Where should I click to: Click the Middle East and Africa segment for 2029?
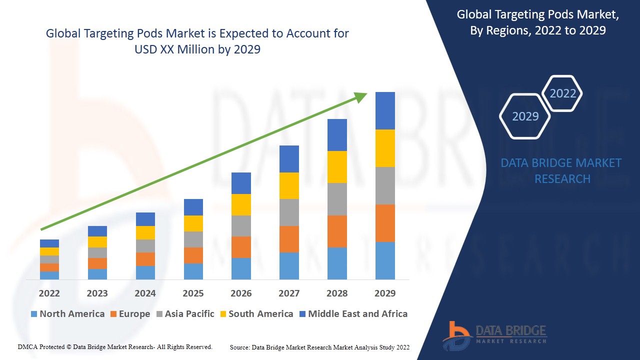tap(385, 110)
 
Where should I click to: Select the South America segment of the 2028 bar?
tap(337, 167)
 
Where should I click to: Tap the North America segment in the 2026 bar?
tap(241, 268)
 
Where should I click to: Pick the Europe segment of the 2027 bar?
tap(289, 239)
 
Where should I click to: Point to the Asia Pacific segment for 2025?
tap(193, 239)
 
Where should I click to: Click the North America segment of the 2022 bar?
tap(49, 275)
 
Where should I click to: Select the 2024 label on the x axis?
tap(145, 293)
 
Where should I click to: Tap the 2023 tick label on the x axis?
tap(97, 293)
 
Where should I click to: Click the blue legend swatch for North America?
tap(34, 314)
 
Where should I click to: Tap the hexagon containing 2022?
tap(562, 93)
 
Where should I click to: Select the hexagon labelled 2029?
tap(525, 116)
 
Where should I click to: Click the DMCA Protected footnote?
tap(115, 347)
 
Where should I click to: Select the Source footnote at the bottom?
tap(319, 347)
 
